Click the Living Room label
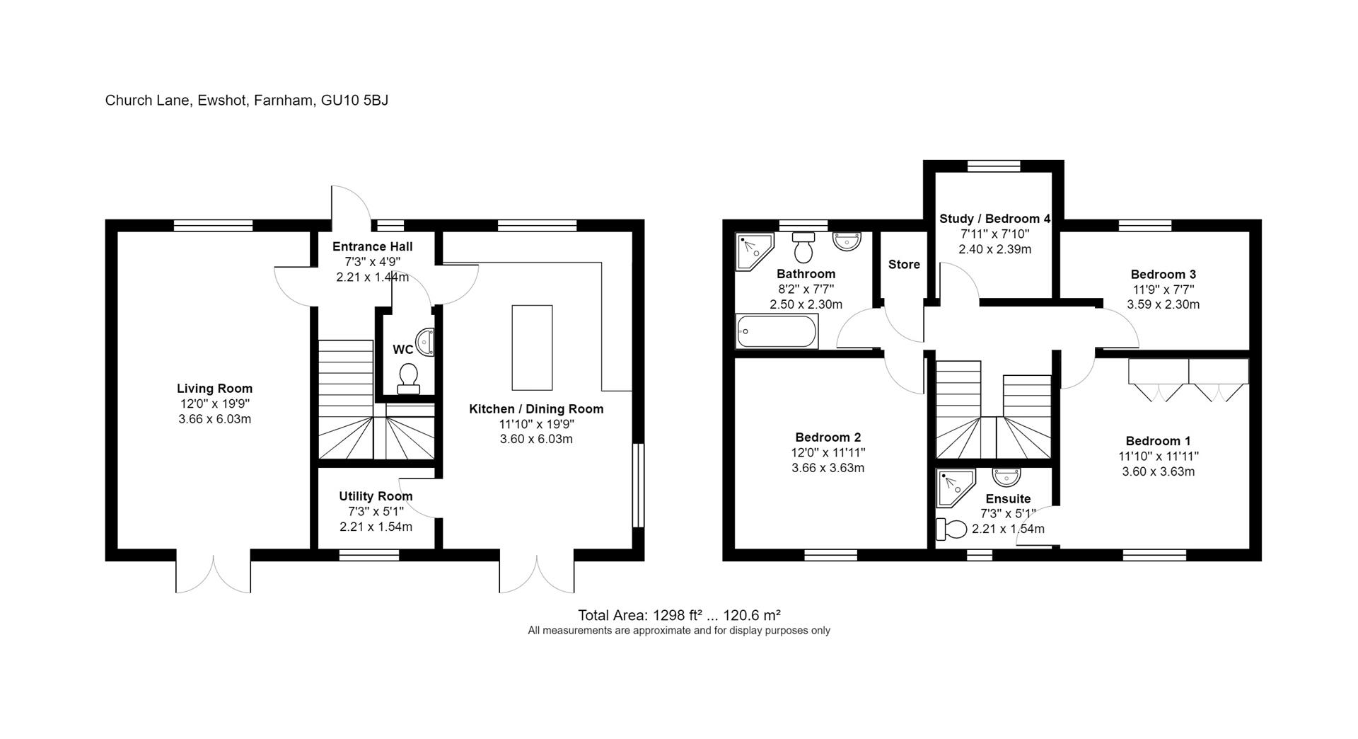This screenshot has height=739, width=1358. [x=214, y=389]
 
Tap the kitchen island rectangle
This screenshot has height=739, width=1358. [x=532, y=348]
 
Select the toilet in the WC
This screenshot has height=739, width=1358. [x=408, y=378]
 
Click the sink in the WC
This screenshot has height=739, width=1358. [x=425, y=342]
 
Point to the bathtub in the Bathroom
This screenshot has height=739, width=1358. [x=777, y=331]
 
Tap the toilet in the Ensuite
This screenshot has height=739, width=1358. [x=951, y=529]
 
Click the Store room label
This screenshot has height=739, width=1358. [x=904, y=265]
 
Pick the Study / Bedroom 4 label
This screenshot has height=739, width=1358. [x=994, y=219]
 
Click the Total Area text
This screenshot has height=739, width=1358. [x=678, y=615]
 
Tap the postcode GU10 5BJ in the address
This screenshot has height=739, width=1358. [x=354, y=101]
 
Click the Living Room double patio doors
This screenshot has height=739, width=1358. [x=213, y=573]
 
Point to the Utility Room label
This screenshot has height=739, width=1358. [x=376, y=496]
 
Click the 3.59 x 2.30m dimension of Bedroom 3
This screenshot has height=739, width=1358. [x=1163, y=304]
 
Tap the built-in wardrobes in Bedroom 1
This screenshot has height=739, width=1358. [x=1188, y=381]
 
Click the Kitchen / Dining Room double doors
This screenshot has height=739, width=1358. [x=537, y=573]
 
